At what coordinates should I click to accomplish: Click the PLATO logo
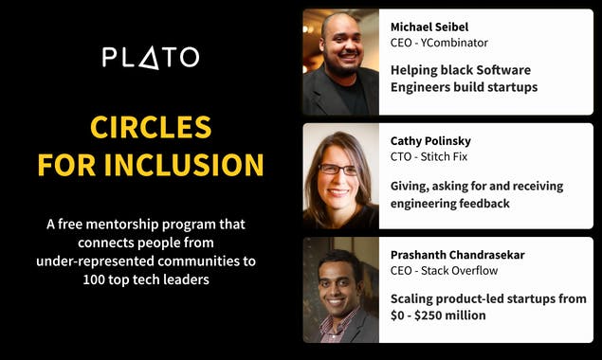150,57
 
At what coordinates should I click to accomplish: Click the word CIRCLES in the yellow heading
150,127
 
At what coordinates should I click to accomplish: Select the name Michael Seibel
429,27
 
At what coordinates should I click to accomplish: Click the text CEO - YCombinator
440,44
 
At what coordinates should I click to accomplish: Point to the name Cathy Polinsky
430,141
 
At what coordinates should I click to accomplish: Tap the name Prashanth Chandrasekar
457,255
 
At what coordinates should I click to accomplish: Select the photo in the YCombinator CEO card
340,63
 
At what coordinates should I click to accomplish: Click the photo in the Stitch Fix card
340,176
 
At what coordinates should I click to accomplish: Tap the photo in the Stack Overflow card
340,290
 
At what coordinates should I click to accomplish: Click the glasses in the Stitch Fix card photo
338,170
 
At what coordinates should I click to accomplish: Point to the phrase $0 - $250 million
438,315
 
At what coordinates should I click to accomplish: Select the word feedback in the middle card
480,203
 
